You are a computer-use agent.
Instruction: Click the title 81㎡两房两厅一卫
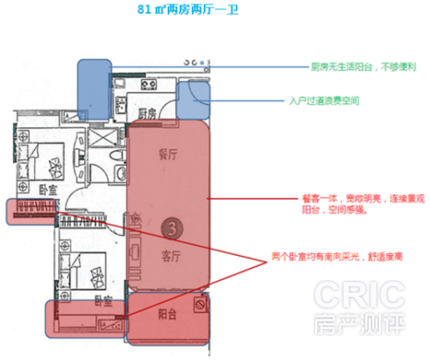[188, 10]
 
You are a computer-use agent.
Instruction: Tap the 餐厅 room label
[168, 154]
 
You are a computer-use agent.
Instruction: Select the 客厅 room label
[171, 256]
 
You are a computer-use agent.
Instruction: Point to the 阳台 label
[167, 314]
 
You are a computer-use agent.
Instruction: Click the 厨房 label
[147, 114]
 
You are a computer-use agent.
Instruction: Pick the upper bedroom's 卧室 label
[48, 190]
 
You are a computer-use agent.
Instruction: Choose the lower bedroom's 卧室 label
[104, 301]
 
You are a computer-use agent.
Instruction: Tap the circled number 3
[172, 228]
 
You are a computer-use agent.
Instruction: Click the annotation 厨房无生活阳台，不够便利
[364, 66]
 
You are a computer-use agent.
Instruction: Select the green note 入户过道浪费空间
[324, 101]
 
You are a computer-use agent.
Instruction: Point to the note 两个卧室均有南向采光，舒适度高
[337, 257]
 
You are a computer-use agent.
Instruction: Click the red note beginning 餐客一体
[364, 204]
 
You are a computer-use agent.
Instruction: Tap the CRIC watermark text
[359, 294]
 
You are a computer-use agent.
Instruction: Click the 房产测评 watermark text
[359, 324]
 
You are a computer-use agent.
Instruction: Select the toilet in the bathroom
[118, 155]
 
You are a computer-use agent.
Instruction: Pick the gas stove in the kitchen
[149, 85]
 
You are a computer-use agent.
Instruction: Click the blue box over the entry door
[193, 101]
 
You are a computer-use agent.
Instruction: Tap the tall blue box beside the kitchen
[95, 90]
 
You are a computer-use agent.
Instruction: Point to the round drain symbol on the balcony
[200, 305]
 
